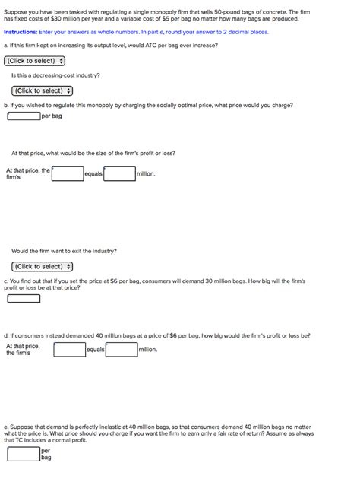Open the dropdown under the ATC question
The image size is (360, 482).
click(x=35, y=61)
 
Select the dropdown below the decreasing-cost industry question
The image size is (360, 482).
click(x=43, y=90)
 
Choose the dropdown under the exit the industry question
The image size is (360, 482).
click(x=43, y=266)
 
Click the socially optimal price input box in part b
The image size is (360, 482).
click(x=23, y=116)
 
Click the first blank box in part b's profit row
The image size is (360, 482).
click(x=68, y=174)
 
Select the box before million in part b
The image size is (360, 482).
click(x=119, y=174)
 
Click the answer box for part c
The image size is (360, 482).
click(x=23, y=298)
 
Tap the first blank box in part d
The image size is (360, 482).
click(x=69, y=350)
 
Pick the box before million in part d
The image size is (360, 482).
click(x=122, y=350)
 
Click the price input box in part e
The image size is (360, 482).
click(x=23, y=454)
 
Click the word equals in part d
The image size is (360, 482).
click(x=96, y=350)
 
